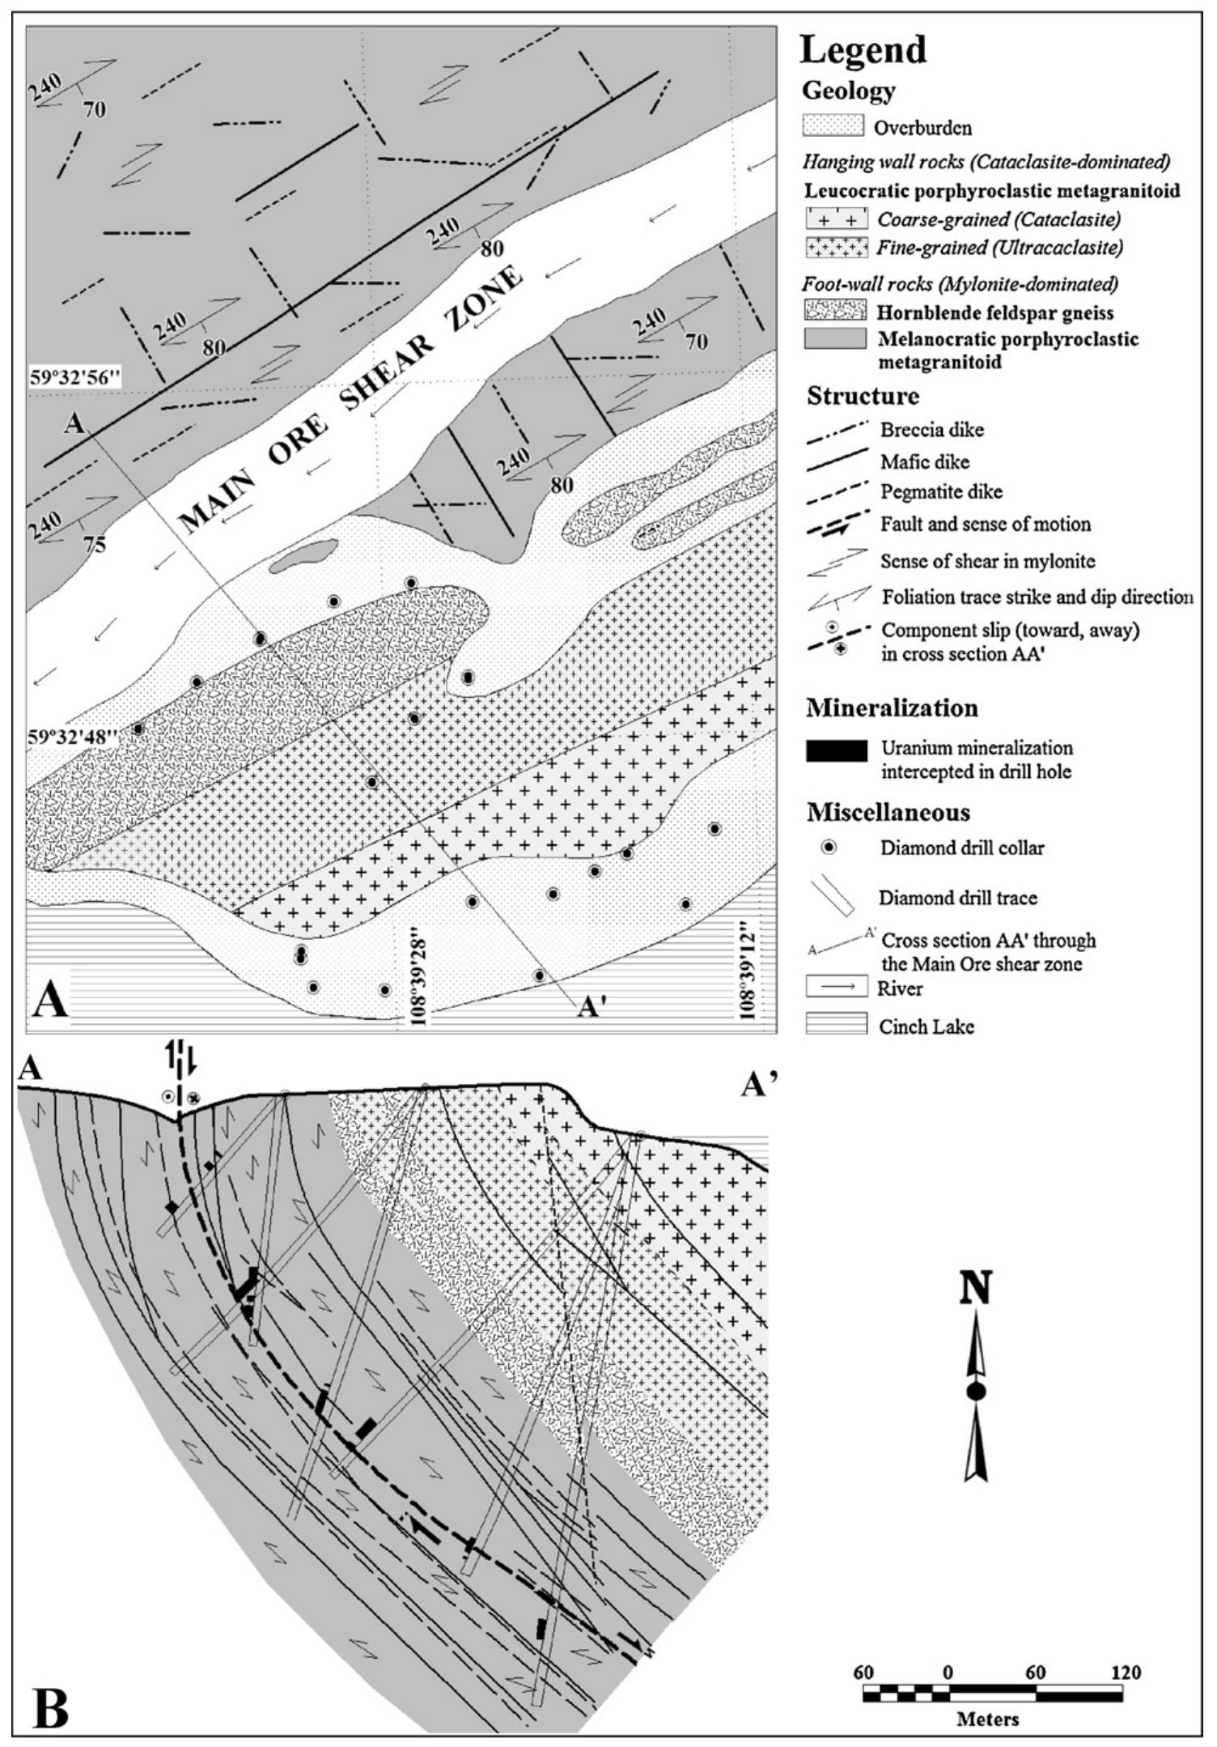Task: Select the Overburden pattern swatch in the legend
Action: [834, 127]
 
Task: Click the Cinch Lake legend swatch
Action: [836, 1025]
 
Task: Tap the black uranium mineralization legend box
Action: [836, 750]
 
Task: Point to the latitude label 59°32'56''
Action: [74, 378]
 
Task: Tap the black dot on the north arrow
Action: [977, 1391]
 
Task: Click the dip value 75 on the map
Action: [95, 545]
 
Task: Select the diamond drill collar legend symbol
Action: [829, 848]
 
